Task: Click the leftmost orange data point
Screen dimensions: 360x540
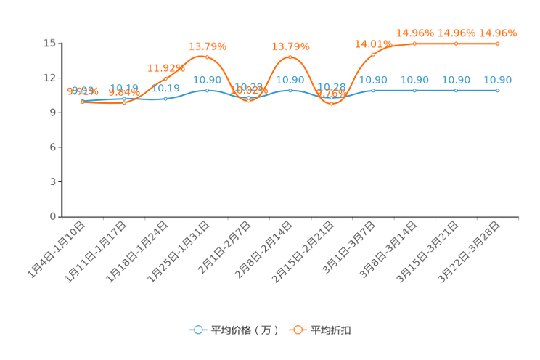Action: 83,102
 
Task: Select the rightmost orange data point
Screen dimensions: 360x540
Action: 498,44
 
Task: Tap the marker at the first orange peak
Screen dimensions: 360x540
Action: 208,57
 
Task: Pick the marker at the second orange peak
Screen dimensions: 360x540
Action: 290,57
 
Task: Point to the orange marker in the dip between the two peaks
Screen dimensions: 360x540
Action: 249,101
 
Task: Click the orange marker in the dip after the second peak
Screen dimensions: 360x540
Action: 332,104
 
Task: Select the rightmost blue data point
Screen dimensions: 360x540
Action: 498,91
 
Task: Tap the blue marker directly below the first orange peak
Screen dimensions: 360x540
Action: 208,91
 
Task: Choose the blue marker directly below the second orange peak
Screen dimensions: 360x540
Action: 290,91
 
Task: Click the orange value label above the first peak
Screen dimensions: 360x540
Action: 208,46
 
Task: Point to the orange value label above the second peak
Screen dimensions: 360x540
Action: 290,46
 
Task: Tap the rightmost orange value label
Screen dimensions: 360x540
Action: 498,33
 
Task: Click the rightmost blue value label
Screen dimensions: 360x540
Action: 498,79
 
